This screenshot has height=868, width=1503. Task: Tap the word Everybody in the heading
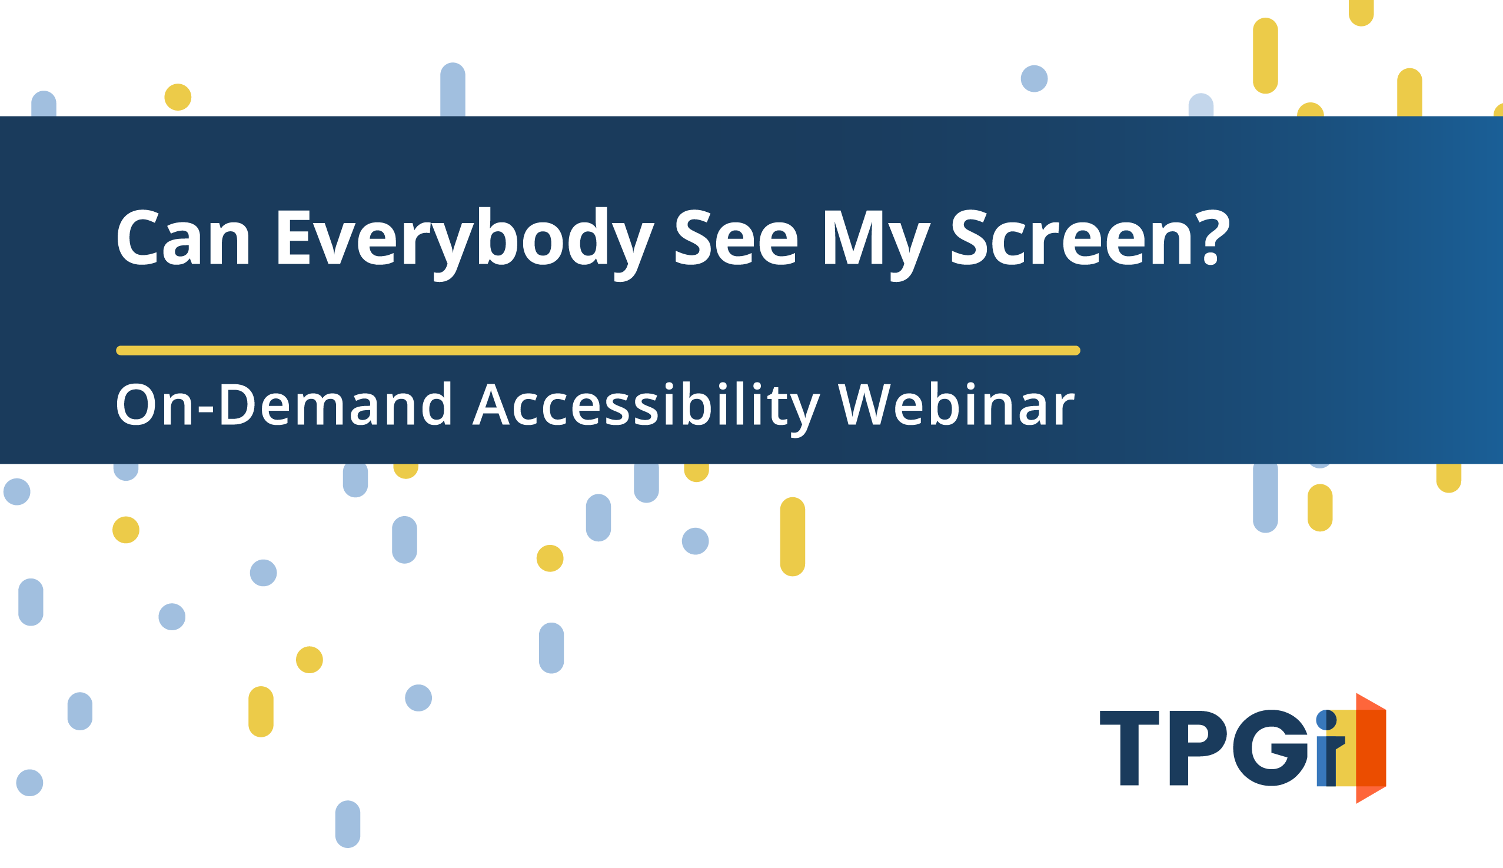[465, 244]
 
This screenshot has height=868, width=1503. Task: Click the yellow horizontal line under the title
[598, 351]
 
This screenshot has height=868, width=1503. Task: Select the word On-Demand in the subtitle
[283, 404]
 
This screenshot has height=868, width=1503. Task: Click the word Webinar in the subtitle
[956, 404]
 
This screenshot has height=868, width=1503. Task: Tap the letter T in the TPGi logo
[1129, 747]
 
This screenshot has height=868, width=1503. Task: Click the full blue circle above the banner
[1034, 79]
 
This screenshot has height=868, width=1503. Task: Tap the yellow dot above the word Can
[178, 97]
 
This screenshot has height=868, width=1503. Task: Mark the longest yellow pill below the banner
[792, 537]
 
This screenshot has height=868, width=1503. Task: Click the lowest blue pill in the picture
[348, 824]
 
